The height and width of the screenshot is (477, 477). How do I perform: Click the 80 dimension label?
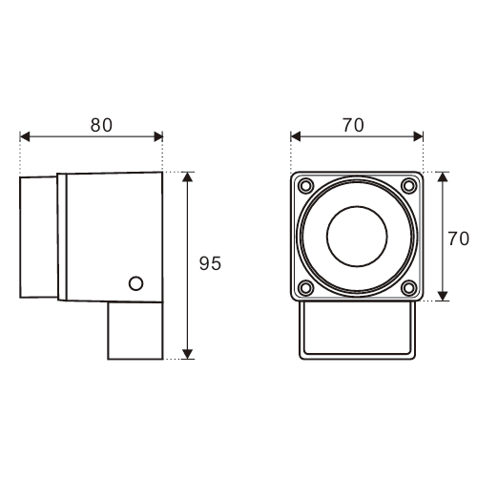tap(101, 125)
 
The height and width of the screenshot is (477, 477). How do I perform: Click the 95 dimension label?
tap(210, 263)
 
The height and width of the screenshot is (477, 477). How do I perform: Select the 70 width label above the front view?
tap(353, 125)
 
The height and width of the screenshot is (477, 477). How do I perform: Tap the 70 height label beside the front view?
tap(458, 238)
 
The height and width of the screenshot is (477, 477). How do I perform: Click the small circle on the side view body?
tap(135, 283)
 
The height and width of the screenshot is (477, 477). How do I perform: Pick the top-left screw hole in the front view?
tap(306, 185)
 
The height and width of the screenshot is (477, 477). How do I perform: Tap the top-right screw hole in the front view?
tap(409, 185)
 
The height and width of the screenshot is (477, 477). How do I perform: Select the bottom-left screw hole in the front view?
tap(306, 288)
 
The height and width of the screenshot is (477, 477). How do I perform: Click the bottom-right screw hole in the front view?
tap(409, 288)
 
